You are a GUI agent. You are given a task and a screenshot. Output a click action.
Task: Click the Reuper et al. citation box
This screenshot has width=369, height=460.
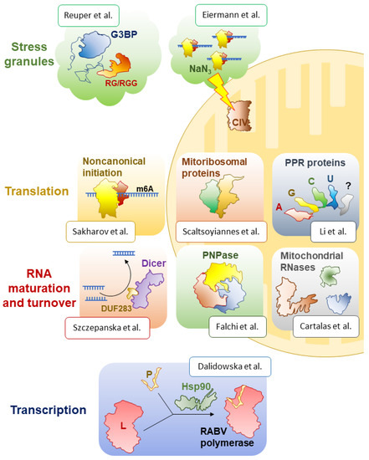[89, 15]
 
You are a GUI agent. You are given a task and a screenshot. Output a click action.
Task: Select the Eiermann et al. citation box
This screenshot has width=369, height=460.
[231, 15]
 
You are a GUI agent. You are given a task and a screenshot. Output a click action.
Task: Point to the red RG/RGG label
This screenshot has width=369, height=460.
[121, 83]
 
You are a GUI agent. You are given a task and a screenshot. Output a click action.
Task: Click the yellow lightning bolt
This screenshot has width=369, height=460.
[223, 90]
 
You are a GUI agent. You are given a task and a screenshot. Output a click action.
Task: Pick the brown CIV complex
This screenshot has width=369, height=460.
[240, 116]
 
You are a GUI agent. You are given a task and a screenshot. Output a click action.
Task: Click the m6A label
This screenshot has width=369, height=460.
[145, 189]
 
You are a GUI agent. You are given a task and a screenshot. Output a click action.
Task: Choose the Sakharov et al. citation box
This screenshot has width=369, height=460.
[100, 232]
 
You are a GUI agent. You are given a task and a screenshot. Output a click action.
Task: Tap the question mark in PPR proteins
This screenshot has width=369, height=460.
[348, 186]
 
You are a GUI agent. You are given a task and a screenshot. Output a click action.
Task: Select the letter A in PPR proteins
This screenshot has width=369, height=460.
[279, 207]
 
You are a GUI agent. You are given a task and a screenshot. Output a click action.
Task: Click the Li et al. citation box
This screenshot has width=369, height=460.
[333, 232]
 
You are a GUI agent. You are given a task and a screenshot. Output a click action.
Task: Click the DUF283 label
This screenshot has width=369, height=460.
[116, 309]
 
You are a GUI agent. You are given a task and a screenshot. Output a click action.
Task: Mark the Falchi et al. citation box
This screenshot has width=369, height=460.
[238, 326]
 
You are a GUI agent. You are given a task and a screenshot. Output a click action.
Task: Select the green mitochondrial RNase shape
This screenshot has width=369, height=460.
[330, 276]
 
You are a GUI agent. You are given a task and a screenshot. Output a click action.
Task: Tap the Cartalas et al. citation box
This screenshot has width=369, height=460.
[325, 326]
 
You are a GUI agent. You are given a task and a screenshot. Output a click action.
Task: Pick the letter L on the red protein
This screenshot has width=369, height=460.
[123, 426]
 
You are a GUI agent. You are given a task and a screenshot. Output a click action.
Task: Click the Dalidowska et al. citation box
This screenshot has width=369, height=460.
[230, 366]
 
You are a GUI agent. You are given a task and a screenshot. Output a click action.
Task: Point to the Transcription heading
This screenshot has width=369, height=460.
[49, 410]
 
